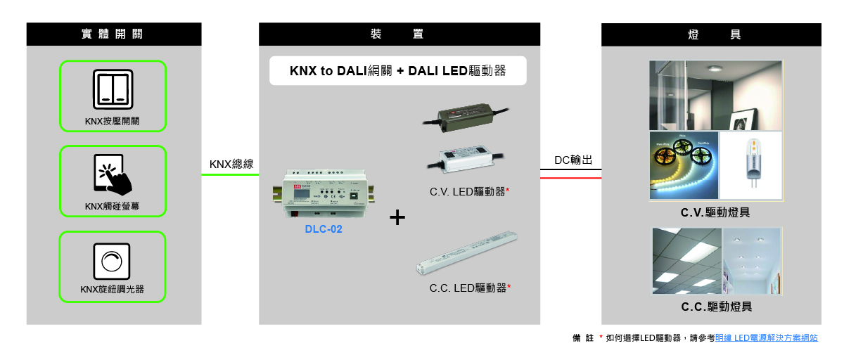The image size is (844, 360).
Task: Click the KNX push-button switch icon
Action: point(113,89)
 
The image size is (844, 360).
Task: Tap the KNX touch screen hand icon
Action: point(113,174)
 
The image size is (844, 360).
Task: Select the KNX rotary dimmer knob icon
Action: point(112,262)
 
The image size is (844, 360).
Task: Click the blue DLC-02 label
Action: point(324,229)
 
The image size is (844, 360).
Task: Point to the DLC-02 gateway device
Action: point(324,193)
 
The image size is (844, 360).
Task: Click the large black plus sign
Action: point(397,217)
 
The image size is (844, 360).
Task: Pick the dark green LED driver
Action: point(466,117)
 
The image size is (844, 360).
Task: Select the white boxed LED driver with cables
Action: point(466,158)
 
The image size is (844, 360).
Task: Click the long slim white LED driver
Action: point(467,252)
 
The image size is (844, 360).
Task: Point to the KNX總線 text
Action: point(231,165)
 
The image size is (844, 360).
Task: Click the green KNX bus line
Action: point(230,175)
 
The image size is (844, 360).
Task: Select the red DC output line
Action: point(571,178)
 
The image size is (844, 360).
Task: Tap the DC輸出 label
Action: point(573,160)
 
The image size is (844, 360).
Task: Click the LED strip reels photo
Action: point(684,165)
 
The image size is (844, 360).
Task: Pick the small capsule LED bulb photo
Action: point(751,165)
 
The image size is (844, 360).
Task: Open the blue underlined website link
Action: point(767,337)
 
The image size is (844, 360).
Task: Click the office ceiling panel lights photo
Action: point(687,261)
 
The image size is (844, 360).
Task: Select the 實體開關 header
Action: point(114,34)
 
